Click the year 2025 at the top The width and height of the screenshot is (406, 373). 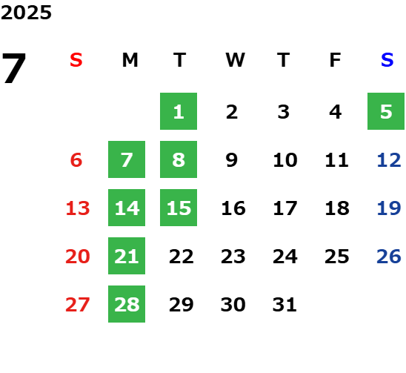pyautogui.click(x=26, y=13)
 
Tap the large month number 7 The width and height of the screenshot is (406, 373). pyautogui.click(x=14, y=68)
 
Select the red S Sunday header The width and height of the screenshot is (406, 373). pyautogui.click(x=76, y=60)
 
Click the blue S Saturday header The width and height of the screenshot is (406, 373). pyautogui.click(x=387, y=60)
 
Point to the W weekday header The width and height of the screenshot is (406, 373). pyautogui.click(x=235, y=60)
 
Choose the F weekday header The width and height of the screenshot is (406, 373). pyautogui.click(x=336, y=60)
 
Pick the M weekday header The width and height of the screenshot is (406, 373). pyautogui.click(x=130, y=60)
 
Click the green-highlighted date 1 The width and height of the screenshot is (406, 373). pyautogui.click(x=179, y=111)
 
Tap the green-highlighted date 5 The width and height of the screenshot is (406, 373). pyautogui.click(x=386, y=111)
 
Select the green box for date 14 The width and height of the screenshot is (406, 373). pyautogui.click(x=127, y=208)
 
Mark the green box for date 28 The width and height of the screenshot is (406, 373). pyautogui.click(x=127, y=304)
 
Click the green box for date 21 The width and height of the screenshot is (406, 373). pyautogui.click(x=127, y=256)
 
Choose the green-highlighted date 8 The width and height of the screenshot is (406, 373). pyautogui.click(x=179, y=159)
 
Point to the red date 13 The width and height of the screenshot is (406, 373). pyautogui.click(x=78, y=208)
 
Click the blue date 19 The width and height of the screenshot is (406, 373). pyautogui.click(x=389, y=208)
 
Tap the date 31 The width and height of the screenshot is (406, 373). pyautogui.click(x=284, y=305)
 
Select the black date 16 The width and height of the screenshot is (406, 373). pyautogui.click(x=233, y=208)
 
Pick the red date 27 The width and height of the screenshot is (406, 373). pyautogui.click(x=78, y=305)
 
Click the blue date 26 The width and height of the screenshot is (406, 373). pyautogui.click(x=389, y=257)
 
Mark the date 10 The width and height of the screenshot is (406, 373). pyautogui.click(x=285, y=160)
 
